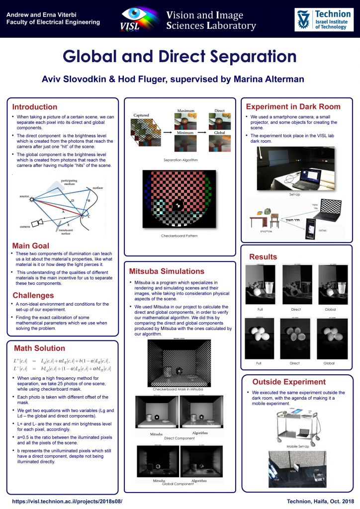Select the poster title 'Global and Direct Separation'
pyautogui.click(x=180, y=56)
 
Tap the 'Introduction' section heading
pyautogui.click(x=34, y=107)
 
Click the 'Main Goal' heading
pyautogui.click(x=30, y=246)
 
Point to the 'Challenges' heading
pyautogui.click(x=33, y=295)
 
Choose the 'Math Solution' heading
pyautogui.click(x=39, y=348)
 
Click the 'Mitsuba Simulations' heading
pyautogui.click(x=167, y=271)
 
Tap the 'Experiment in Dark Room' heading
pyautogui.click(x=293, y=106)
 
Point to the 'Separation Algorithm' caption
pyautogui.click(x=180, y=160)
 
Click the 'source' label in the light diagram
pyautogui.click(x=21, y=197)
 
